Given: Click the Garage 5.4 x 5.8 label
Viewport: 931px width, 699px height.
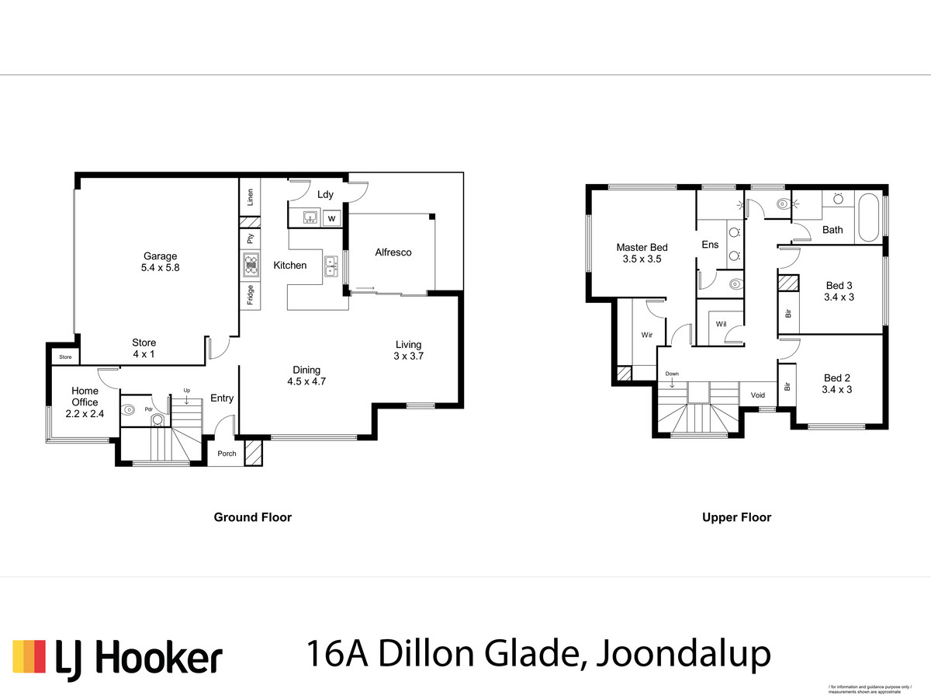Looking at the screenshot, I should pos(160,262).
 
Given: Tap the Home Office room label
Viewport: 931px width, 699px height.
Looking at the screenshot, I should pos(85,397).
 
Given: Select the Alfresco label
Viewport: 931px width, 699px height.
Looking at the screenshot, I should pos(393,252).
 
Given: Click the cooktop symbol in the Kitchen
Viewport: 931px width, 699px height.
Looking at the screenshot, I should pos(251,266).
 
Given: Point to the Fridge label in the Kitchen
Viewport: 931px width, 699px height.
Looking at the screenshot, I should pos(251,295).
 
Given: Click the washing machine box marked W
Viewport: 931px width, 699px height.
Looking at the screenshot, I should pos(331,219).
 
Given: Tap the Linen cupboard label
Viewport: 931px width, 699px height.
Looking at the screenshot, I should pos(251,197).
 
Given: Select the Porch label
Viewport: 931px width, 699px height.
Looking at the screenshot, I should pos(227,454).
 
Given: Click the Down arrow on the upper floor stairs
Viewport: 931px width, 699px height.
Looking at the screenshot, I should pos(672,379).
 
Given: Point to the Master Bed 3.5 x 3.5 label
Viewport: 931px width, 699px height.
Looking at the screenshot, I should pos(642,253).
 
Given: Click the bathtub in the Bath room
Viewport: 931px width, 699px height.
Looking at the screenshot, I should pos(868,220).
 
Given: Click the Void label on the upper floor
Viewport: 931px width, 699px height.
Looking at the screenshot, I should pos(757,395).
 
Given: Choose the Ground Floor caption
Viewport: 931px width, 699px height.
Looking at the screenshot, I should pos(252,517).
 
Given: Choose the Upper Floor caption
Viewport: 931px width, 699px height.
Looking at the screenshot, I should pos(736,517).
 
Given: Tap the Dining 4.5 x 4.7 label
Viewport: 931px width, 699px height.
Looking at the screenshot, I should pos(306,375).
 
